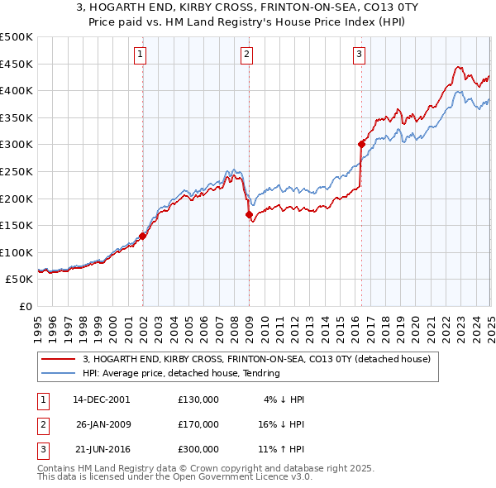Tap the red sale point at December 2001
click(x=142, y=236)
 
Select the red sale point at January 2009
click(x=249, y=214)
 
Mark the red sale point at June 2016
click(x=361, y=144)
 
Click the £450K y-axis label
click(x=17, y=64)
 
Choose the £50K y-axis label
click(x=20, y=280)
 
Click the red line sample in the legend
click(x=58, y=360)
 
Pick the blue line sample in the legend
click(x=58, y=373)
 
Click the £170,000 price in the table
click(x=198, y=424)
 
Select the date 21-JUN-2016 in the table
click(x=102, y=449)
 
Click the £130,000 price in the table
click(x=198, y=399)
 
